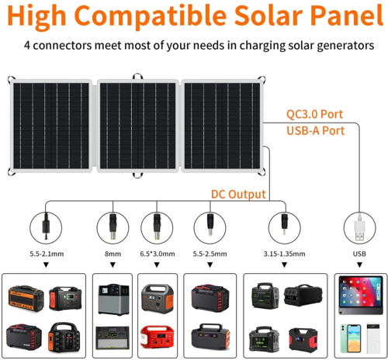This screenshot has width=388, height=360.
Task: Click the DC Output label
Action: click(x=238, y=194)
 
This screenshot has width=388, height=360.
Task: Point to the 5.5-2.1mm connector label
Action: click(x=47, y=253)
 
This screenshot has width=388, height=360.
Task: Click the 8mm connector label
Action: click(x=113, y=253)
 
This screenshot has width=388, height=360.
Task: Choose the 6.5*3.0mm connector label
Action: click(x=158, y=253)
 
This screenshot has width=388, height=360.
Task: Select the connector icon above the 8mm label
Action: click(x=113, y=227)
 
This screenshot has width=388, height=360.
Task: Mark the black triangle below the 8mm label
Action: click(x=113, y=265)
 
